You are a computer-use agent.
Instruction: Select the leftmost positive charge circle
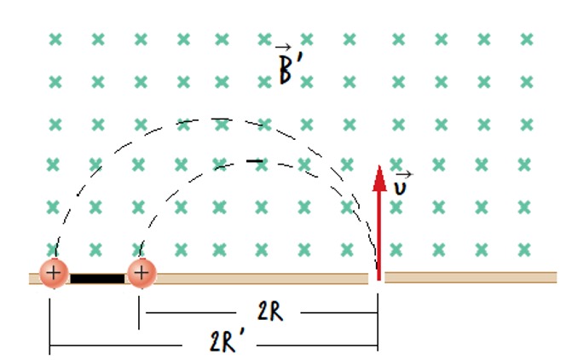coord(54,274)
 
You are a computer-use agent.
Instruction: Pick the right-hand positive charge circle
coord(142,274)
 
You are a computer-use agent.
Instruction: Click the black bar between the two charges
coord(97,277)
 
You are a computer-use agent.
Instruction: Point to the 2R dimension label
coord(269,312)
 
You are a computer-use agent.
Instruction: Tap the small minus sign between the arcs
coord(254,160)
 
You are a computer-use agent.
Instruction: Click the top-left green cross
coord(55,39)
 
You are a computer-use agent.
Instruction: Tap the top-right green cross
coord(527,39)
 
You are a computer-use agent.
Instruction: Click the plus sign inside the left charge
coord(54,274)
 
